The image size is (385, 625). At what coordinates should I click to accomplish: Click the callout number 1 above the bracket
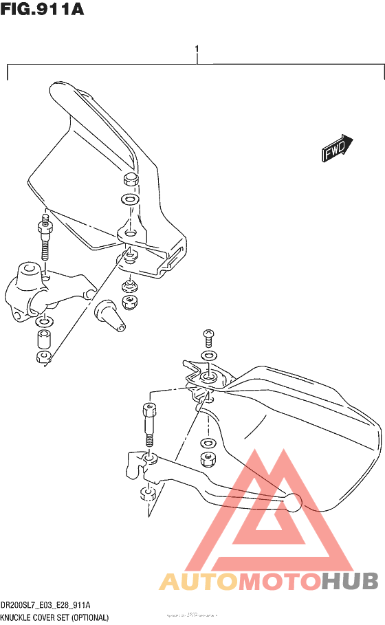(x=197, y=50)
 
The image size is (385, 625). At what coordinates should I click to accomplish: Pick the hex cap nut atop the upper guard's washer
(x=129, y=181)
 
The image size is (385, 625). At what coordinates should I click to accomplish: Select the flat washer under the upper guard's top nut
(x=128, y=200)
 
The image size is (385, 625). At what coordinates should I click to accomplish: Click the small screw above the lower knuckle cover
(x=208, y=338)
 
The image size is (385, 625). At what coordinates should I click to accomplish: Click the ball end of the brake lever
(x=294, y=503)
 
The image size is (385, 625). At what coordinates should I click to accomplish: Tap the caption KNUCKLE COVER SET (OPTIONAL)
(x=55, y=617)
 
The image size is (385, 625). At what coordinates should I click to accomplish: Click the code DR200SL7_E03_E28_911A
(x=46, y=605)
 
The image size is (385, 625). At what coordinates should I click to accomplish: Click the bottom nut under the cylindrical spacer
(x=42, y=356)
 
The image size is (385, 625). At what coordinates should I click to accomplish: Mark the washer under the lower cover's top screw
(x=206, y=355)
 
